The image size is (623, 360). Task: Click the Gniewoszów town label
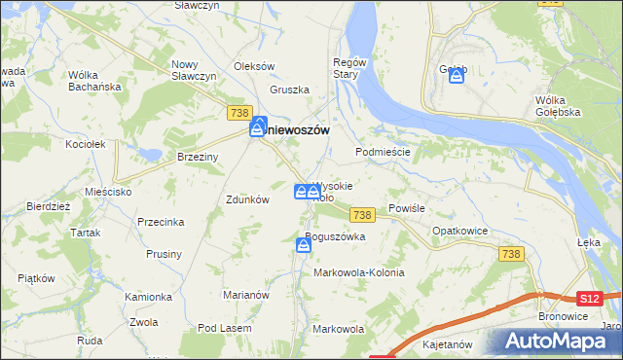point(297,129)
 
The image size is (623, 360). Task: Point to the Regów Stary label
point(348,68)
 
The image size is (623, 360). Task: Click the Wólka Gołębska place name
point(558,106)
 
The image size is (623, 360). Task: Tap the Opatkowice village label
point(459,233)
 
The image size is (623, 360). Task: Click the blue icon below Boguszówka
point(304,248)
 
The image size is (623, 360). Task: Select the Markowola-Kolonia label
point(358,273)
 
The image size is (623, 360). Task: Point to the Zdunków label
point(246,199)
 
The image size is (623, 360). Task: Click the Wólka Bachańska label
point(93,81)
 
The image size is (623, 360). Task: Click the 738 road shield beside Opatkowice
point(511,253)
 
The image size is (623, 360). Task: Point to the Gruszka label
point(290,90)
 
